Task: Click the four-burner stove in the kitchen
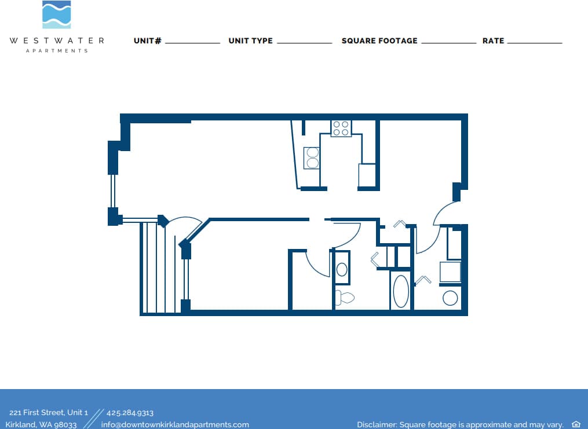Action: click(x=341, y=128)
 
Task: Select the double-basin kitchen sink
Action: click(x=312, y=157)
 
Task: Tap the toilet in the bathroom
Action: click(x=345, y=298)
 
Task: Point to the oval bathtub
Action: click(x=401, y=291)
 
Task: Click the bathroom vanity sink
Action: click(x=342, y=269)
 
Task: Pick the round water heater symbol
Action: click(x=450, y=298)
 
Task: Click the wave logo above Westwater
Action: click(x=57, y=14)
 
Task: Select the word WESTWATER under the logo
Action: click(x=57, y=41)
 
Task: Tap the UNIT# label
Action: click(x=147, y=41)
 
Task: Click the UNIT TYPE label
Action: click(x=250, y=41)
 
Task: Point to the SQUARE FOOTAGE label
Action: click(x=379, y=41)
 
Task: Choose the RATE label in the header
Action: click(x=493, y=41)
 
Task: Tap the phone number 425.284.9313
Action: click(x=130, y=413)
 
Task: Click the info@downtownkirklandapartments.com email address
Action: click(x=175, y=424)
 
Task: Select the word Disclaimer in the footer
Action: click(x=377, y=424)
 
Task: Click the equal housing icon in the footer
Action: click(x=576, y=424)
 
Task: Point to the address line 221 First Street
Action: click(x=49, y=413)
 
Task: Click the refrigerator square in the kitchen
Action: click(x=367, y=175)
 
